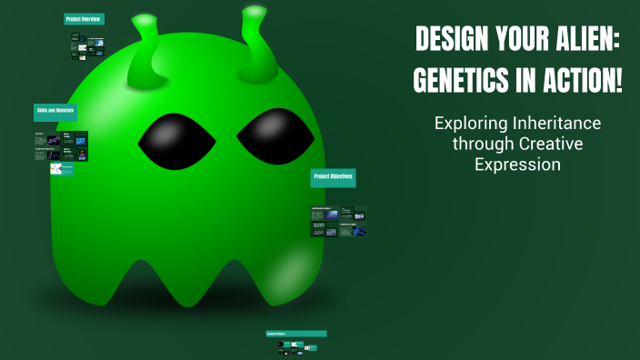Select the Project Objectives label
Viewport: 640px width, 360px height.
[333, 176]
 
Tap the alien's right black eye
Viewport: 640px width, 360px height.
[275, 135]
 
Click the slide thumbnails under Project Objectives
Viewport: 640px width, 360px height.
[339, 222]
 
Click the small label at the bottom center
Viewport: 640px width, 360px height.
[295, 334]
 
